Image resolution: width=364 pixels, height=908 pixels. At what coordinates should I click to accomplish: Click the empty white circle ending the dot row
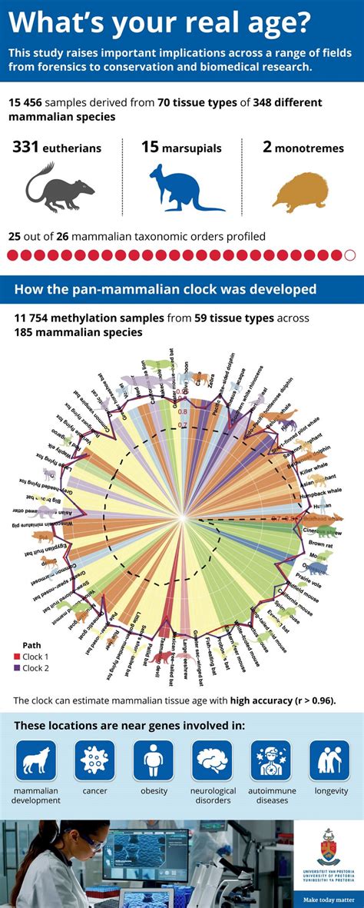[x=350, y=255]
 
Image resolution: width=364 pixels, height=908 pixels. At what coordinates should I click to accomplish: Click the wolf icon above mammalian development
[x=36, y=760]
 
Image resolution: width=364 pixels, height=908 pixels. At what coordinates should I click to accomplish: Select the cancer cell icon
[x=94, y=760]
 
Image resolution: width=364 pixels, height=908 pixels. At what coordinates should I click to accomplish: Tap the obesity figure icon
[x=154, y=760]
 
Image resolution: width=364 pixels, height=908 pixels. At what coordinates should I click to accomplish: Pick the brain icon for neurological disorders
[x=212, y=760]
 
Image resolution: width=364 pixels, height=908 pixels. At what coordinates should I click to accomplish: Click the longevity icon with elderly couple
[x=329, y=760]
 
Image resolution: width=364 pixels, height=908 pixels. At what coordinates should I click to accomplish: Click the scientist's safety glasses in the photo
[x=90, y=843]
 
